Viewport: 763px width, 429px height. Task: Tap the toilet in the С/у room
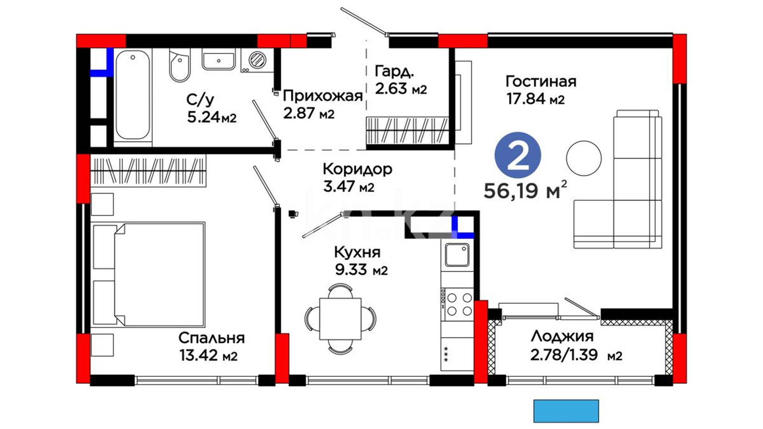click(x=180, y=65)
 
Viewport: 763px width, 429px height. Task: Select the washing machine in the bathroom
click(x=257, y=60)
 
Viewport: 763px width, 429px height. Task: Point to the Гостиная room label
click(x=541, y=81)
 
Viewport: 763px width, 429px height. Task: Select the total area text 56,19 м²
click(x=525, y=190)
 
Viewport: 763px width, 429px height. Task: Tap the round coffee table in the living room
click(x=584, y=158)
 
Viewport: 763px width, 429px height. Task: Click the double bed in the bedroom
click(x=149, y=274)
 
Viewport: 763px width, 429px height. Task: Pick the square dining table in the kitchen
click(x=341, y=319)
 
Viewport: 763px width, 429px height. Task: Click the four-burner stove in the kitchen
click(x=457, y=304)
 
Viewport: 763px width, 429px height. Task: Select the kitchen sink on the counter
click(x=457, y=255)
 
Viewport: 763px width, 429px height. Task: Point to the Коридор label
click(x=357, y=169)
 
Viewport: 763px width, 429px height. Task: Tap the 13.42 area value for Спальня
click(x=199, y=355)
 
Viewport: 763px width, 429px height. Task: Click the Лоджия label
click(x=562, y=336)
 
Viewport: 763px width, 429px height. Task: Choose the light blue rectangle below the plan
click(x=566, y=411)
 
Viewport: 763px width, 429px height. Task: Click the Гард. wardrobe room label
click(x=394, y=71)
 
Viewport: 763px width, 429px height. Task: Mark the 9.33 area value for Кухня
click(x=351, y=270)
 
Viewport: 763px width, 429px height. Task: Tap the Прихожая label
click(x=323, y=96)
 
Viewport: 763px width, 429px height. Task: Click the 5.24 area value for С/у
click(x=203, y=117)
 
